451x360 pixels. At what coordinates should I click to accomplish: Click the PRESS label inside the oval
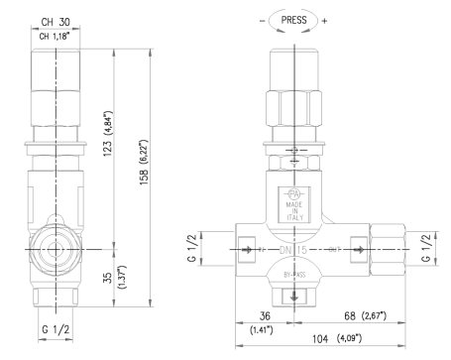[x=294, y=18]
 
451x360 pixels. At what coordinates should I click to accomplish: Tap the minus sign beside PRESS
[x=260, y=18]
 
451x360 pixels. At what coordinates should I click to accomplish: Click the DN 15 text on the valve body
[x=292, y=251]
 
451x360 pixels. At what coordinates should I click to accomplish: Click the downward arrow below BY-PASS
[x=292, y=294]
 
